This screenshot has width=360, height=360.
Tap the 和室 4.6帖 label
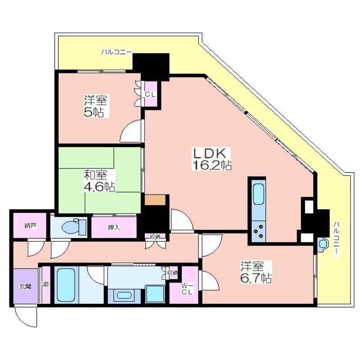(x=99, y=181)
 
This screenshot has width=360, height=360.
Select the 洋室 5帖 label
(x=95, y=106)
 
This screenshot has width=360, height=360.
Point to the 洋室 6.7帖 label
(x=256, y=272)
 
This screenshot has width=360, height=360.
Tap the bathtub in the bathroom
(x=66, y=285)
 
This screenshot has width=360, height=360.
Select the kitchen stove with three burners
(x=258, y=231)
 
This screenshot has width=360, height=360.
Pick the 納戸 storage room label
(x=30, y=226)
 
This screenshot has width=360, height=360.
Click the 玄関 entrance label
(x=25, y=287)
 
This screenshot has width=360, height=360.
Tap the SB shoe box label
(x=45, y=284)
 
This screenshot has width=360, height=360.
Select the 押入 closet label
(x=114, y=228)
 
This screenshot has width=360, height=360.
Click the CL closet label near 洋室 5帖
(x=150, y=94)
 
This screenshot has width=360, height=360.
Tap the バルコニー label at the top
(x=117, y=52)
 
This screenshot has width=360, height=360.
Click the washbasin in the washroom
(x=124, y=295)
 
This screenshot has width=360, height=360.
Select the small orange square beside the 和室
(x=155, y=200)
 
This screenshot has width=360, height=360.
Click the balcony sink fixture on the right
(x=323, y=244)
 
